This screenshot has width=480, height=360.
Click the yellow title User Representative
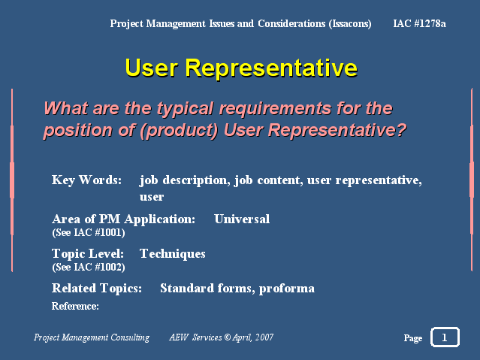tap(241, 68)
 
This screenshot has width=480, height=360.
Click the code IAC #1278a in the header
tap(419, 23)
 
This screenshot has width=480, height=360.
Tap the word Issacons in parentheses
tap(350, 23)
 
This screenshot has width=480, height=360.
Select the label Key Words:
tap(86, 180)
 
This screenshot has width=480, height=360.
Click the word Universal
tap(242, 219)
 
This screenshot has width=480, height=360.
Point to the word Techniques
tap(172, 254)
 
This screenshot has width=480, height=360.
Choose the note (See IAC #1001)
tap(89, 232)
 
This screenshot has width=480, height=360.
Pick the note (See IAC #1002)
tap(89, 267)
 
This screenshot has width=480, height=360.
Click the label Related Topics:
tap(97, 289)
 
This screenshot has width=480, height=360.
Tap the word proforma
tap(286, 289)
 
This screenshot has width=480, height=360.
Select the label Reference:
tap(75, 306)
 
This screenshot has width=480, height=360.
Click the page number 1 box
tap(445, 337)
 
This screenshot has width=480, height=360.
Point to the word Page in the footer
tap(413, 338)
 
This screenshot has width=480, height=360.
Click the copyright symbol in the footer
tap(227, 337)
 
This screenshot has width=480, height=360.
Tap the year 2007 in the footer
tap(264, 337)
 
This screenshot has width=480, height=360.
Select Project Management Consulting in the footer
tap(92, 337)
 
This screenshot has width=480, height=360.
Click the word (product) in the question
tap(179, 131)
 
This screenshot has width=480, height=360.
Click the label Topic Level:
tap(88, 254)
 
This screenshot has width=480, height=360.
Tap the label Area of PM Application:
tap(123, 219)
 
